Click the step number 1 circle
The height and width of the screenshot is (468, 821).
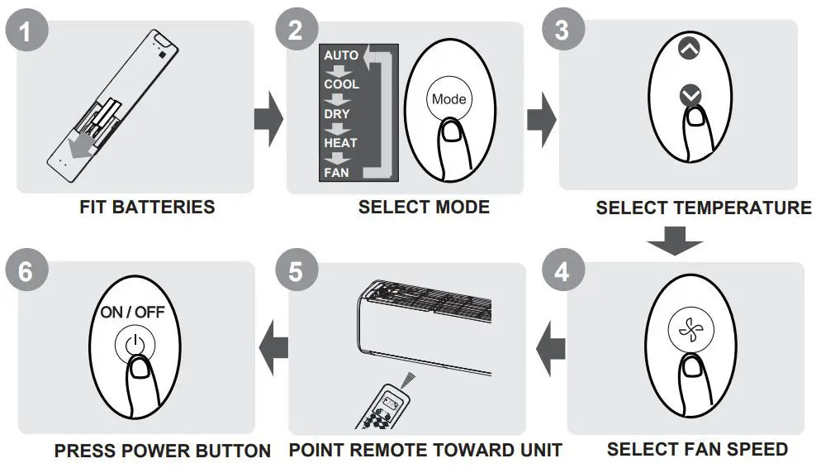pos(28,31)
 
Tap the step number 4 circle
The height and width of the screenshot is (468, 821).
pos(562,271)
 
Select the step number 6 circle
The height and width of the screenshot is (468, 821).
pos(26,271)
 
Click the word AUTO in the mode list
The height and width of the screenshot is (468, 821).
pos(341,55)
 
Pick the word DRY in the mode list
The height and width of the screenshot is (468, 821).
pos(336,114)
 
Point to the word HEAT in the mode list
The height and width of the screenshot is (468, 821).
pos(340,143)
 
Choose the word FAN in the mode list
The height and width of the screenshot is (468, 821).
pos(336,173)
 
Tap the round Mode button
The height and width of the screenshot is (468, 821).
pos(448,99)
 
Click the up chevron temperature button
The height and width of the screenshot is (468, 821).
pos(688,49)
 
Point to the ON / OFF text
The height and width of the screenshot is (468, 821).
pos(133,313)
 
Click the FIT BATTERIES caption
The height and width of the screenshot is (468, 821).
pos(147,207)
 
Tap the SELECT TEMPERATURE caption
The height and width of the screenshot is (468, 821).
pos(703,208)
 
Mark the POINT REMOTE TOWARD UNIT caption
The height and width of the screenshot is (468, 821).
pos(425,451)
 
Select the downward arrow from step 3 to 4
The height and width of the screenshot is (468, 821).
pos(675,241)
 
